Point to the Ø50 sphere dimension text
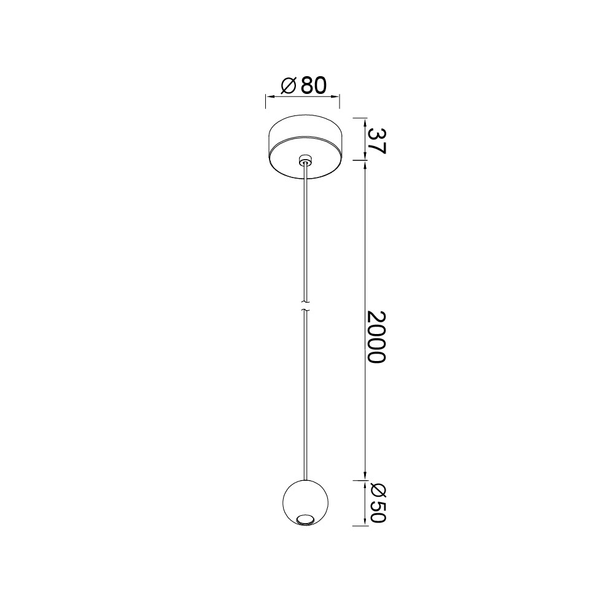coord(378,503)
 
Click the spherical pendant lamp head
coord(305,502)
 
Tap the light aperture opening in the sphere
coord(305,519)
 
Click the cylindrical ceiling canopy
coord(306,147)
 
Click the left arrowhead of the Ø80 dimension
coord(270,96)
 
